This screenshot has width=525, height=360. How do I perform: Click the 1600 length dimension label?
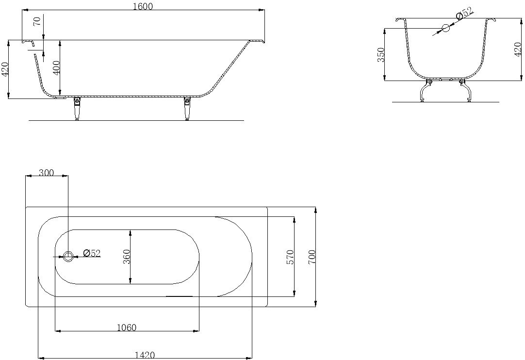(143, 6)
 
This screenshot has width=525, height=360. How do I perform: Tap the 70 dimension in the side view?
(38, 21)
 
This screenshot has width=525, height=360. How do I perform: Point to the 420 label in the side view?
(5, 69)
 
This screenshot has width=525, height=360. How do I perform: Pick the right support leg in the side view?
(187, 108)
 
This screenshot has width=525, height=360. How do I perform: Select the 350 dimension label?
(381, 55)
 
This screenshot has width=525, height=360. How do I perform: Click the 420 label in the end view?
(518, 49)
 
